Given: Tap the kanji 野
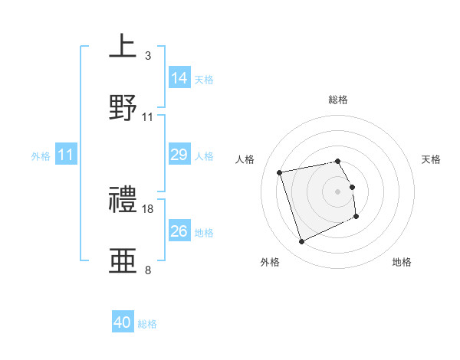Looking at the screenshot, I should [123, 109].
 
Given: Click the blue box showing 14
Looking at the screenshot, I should [179, 77].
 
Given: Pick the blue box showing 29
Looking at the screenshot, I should [179, 155].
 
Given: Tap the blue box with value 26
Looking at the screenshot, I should [179, 231].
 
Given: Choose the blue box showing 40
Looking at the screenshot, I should [123, 322].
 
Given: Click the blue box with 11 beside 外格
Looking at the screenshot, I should [66, 155].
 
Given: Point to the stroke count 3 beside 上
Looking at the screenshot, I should [147, 55].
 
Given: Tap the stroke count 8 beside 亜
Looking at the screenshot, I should [147, 270].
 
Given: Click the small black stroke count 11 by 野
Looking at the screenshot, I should [148, 117].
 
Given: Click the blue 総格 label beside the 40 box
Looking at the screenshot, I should [147, 324].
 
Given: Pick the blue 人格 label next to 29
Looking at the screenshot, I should [204, 156].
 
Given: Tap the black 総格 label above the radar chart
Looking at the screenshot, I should [337, 100].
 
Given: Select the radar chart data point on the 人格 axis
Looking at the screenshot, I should [280, 172].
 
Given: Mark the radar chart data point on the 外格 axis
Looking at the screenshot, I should [301, 242].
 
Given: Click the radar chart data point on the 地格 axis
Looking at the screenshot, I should [356, 216].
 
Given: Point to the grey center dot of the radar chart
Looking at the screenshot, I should [337, 191].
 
